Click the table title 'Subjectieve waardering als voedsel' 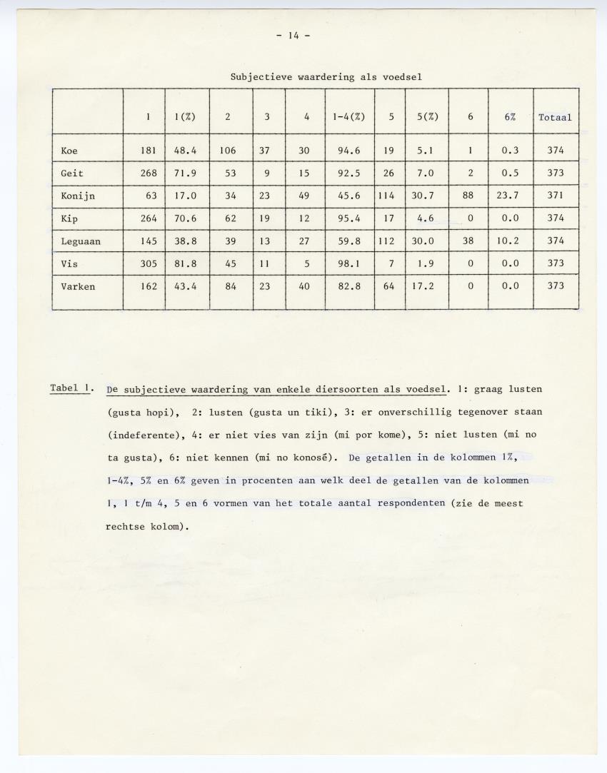[329, 76]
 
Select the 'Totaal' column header [555, 118]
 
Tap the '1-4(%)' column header [348, 118]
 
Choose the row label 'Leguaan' [81, 241]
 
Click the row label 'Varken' [78, 286]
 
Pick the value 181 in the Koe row [148, 151]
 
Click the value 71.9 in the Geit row [186, 173]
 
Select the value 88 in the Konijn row [468, 196]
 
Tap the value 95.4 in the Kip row [348, 218]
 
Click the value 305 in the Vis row [148, 263]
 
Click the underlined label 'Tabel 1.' [71, 388]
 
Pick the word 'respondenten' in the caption [408, 503]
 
